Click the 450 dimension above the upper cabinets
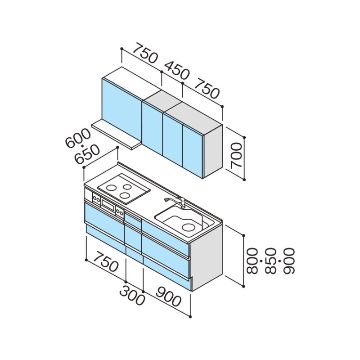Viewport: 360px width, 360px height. (177, 70)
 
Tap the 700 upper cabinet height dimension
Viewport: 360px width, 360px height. (237, 156)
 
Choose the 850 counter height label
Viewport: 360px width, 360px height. (270, 261)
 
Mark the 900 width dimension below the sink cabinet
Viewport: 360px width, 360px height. (168, 297)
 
